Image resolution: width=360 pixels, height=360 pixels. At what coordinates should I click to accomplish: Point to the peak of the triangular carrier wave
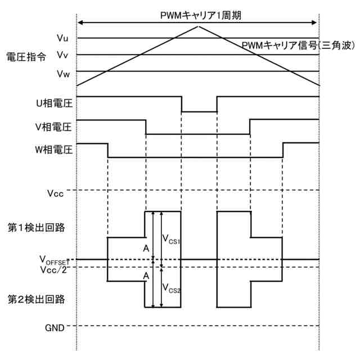point(199,26)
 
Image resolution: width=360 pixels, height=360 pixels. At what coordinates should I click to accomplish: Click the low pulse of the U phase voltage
point(199,111)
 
